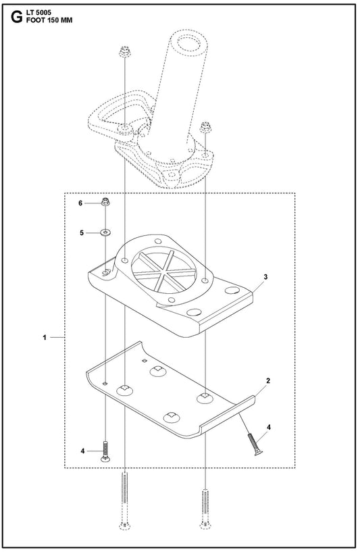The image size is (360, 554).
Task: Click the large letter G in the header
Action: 16,18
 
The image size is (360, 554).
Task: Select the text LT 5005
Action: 38,13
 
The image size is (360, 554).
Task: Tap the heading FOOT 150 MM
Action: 49,20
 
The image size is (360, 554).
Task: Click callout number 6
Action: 80,203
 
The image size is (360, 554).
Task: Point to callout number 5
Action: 82,233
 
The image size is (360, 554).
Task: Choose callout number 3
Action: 265,276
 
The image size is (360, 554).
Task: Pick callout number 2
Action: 268,380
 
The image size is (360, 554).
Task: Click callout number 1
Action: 45,337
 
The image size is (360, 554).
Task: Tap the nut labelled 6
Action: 105,203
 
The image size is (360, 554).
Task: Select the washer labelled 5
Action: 105,232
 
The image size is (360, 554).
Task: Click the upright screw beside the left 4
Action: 105,451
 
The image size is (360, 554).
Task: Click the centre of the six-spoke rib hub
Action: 162,272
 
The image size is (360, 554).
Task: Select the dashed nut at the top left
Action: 125,53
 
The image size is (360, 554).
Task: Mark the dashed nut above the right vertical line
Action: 205,127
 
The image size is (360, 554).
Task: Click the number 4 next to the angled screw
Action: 269,428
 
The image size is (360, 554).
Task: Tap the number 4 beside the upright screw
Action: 82,451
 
